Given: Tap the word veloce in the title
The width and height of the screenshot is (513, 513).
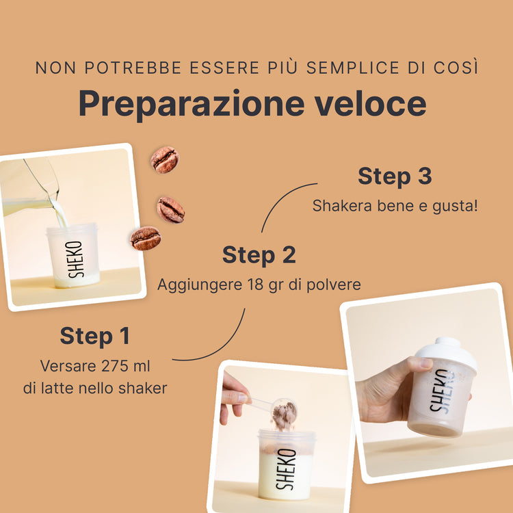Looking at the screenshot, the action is (370, 103).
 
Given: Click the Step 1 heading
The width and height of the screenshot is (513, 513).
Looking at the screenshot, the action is (95, 337).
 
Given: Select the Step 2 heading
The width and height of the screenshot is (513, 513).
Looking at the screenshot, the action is (259, 254).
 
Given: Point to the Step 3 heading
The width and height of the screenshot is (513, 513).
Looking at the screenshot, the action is (395, 176).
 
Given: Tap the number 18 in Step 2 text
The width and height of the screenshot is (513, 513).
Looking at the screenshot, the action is (255, 285).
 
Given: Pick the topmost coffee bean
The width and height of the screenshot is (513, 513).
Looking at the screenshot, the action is (165, 159).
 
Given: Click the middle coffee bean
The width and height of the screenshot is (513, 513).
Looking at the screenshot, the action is (171, 210).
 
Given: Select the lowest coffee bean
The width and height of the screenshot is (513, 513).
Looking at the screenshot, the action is (146, 238).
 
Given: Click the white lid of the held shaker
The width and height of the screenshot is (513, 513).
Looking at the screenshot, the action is (447, 353).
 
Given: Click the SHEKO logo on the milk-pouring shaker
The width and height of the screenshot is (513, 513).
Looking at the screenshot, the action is (75, 259).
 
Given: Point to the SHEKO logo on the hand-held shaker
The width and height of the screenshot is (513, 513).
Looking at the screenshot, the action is (440, 391).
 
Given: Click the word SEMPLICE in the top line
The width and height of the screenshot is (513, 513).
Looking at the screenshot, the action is (352, 68).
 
